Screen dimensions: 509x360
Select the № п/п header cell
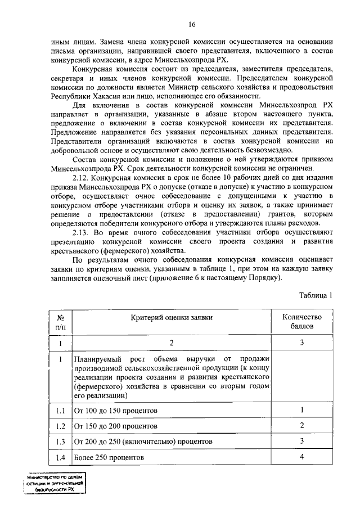point(60,322)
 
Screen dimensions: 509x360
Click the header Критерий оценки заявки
point(173,317)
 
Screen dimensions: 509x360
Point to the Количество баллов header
point(302,322)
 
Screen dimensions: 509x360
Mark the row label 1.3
point(60,441)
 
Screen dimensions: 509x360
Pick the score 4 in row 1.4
point(302,456)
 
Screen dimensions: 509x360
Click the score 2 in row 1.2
point(302,425)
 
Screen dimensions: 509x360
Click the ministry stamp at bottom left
point(54,483)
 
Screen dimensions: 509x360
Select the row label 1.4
point(60,457)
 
